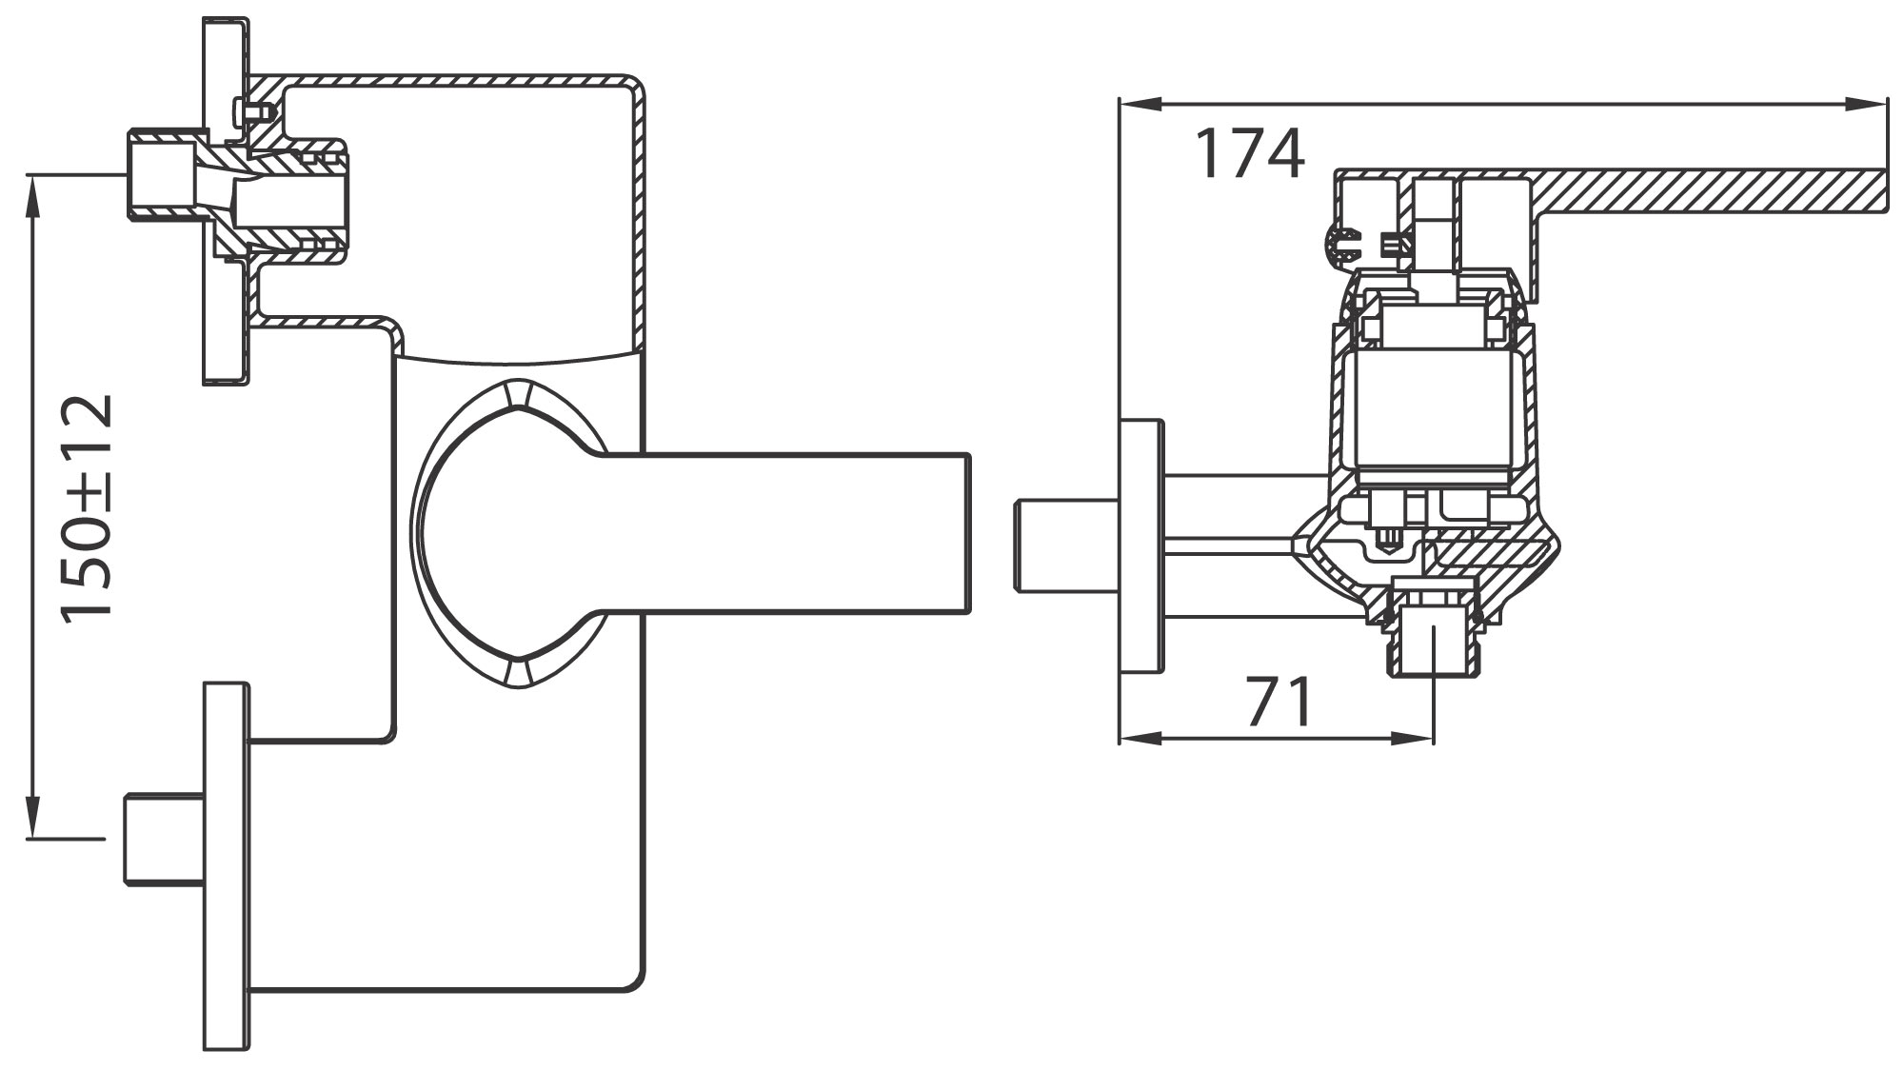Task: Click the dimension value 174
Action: point(1249,154)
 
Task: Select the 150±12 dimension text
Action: point(87,506)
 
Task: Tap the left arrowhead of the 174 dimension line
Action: point(1141,105)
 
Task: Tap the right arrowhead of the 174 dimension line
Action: point(1866,105)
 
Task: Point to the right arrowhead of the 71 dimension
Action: point(1413,738)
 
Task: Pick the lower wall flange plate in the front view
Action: point(227,865)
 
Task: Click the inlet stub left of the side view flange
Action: point(1065,545)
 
